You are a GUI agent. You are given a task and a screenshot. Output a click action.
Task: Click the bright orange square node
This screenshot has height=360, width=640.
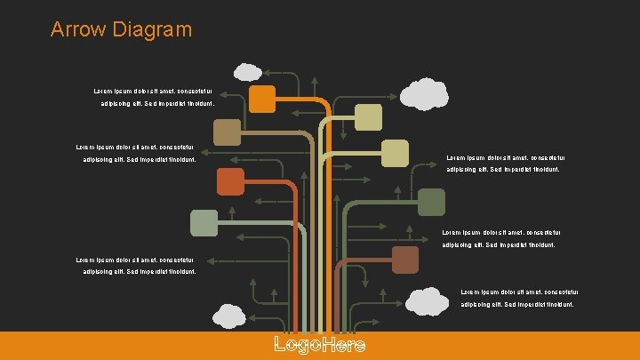coord(261,99)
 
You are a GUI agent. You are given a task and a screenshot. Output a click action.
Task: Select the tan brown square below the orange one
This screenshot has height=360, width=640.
coord(228,132)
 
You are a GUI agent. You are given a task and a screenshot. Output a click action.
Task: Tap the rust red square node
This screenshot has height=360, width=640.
coord(230,180)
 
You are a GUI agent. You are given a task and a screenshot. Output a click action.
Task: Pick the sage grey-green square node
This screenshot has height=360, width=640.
coord(204,223)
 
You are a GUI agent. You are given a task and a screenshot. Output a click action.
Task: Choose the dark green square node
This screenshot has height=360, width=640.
coord(431,203)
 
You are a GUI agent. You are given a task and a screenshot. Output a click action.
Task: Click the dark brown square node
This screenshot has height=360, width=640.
coord(405,260)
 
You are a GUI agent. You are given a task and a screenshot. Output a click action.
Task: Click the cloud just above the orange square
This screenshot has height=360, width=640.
coord(246,70)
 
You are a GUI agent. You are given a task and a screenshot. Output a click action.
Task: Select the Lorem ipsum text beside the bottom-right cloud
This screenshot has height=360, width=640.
coord(520,298)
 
